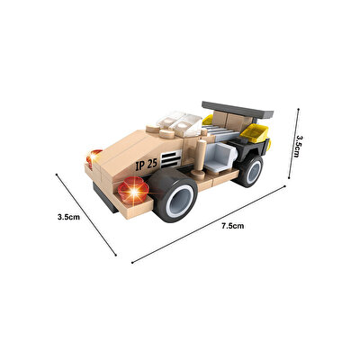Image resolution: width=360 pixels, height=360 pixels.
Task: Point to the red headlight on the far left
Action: (x=91, y=159)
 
